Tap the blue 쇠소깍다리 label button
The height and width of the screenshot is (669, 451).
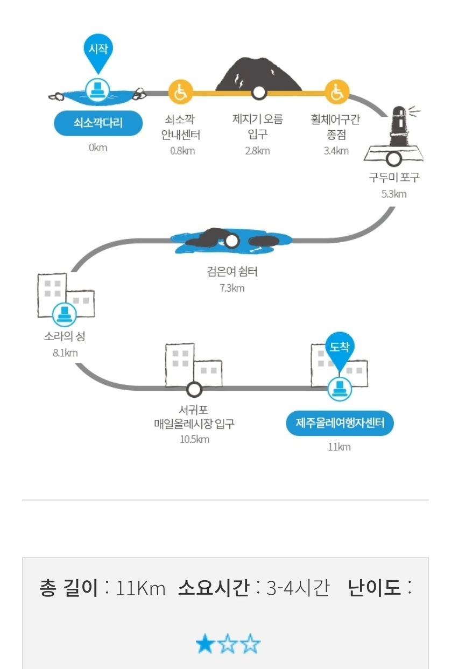pyautogui.click(x=98, y=123)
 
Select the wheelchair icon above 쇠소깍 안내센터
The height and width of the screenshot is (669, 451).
pyautogui.click(x=180, y=92)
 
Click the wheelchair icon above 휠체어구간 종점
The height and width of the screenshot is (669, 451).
pyautogui.click(x=337, y=92)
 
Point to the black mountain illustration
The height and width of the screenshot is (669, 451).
pyautogui.click(x=259, y=75)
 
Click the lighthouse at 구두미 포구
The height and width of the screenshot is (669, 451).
pyautogui.click(x=399, y=129)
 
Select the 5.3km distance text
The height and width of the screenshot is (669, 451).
pyautogui.click(x=394, y=194)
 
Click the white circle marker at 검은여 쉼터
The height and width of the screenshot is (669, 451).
pyautogui.click(x=232, y=241)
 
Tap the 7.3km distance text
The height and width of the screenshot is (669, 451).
pyautogui.click(x=232, y=288)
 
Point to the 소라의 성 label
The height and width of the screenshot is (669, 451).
pyautogui.click(x=65, y=337)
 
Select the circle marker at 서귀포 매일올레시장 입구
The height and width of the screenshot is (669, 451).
pyautogui.click(x=194, y=388)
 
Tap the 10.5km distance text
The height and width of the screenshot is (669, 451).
pyautogui.click(x=194, y=439)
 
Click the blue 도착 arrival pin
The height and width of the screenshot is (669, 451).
pyautogui.click(x=340, y=349)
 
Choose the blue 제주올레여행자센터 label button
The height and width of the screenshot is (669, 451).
pyautogui.click(x=340, y=424)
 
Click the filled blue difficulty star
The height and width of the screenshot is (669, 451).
pyautogui.click(x=205, y=644)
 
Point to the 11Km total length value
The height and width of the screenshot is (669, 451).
pyautogui.click(x=140, y=588)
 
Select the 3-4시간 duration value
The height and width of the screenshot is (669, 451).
pyautogui.click(x=298, y=588)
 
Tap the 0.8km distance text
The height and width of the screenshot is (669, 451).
pyautogui.click(x=182, y=151)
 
